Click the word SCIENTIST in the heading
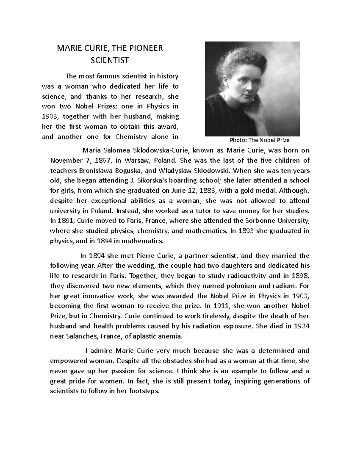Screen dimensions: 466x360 coord(109,61)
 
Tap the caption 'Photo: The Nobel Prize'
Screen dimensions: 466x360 coord(259,140)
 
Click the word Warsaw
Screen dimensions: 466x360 coord(136,160)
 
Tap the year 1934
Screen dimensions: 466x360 coord(301,326)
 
